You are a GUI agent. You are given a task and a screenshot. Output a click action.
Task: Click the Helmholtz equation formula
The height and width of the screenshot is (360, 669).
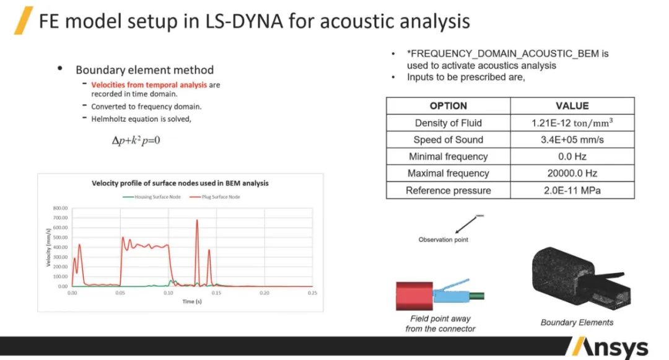(136, 141)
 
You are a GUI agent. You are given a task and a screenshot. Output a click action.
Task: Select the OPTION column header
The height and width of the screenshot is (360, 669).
(448, 106)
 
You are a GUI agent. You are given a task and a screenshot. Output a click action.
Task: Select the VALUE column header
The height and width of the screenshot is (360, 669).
(572, 106)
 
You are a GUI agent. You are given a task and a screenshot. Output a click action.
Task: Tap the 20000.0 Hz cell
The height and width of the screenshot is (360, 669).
(572, 173)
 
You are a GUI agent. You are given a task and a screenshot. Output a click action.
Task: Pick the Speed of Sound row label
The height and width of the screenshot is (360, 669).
(448, 140)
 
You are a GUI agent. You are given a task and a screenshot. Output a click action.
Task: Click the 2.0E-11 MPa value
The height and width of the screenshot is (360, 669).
(572, 190)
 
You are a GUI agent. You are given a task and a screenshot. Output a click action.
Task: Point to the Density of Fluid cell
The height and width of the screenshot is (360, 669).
(448, 123)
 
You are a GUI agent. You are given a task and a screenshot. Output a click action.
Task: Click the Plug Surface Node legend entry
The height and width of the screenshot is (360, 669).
(214, 197)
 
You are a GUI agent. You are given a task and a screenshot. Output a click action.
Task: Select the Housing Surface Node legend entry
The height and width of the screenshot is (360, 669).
(148, 197)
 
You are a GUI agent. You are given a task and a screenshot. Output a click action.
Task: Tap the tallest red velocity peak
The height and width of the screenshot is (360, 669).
(197, 221)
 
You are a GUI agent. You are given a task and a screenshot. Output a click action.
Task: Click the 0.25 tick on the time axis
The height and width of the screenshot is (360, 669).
(313, 292)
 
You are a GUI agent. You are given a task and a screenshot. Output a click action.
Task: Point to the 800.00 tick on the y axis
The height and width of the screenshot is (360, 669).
(59, 208)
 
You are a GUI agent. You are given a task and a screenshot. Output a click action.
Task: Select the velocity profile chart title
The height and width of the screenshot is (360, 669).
(180, 183)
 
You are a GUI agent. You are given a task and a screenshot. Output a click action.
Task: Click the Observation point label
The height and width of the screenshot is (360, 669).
(444, 240)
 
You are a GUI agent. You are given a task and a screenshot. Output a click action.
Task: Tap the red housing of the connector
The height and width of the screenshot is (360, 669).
(414, 295)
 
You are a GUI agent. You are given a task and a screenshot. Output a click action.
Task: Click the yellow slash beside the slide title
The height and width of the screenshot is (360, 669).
(24, 20)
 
